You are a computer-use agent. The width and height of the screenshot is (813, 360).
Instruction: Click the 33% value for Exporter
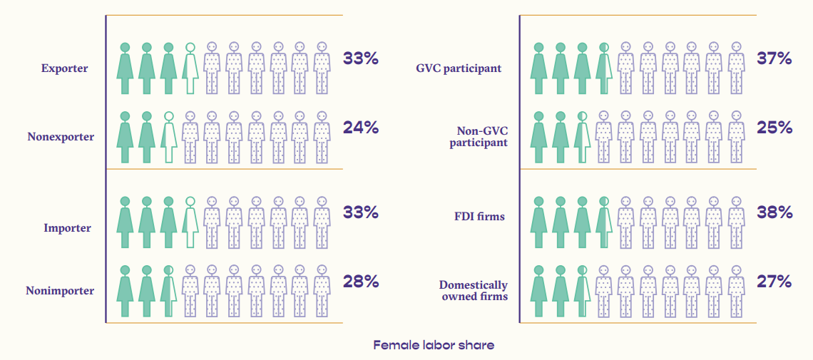[x=360, y=58]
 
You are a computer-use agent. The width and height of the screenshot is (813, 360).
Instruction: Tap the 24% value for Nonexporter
[x=360, y=128]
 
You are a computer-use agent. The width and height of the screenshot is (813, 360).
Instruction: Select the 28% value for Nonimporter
[x=360, y=282]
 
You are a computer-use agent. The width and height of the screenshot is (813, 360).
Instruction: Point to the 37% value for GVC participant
[x=774, y=58]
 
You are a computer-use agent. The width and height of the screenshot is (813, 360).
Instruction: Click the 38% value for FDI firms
[x=774, y=212]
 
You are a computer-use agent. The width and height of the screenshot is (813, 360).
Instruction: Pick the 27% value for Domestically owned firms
[x=774, y=282]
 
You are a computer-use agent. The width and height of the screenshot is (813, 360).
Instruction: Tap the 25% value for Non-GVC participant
[x=774, y=128]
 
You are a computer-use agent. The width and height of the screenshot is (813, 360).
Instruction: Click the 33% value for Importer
[x=360, y=212]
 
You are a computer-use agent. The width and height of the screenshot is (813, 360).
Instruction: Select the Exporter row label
[x=65, y=69]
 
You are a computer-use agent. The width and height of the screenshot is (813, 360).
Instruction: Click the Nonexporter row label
[x=61, y=136]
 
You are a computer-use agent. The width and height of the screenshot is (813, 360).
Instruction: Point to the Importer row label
[x=68, y=228]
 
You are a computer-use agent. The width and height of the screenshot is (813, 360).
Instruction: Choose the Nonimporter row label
[x=60, y=290]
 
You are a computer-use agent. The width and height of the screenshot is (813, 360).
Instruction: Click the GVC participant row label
[x=459, y=69]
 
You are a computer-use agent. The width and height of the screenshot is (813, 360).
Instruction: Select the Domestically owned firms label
[x=474, y=290]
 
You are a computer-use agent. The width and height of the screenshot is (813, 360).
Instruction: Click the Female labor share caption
[x=434, y=345]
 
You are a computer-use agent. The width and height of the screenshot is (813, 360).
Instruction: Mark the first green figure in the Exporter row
[x=126, y=68]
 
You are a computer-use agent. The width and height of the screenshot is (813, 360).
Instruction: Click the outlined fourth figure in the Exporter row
[x=190, y=68]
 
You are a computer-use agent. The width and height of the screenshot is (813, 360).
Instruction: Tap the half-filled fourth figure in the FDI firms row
[x=604, y=222]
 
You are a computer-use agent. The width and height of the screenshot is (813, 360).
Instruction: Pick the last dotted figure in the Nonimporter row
[x=322, y=290]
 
